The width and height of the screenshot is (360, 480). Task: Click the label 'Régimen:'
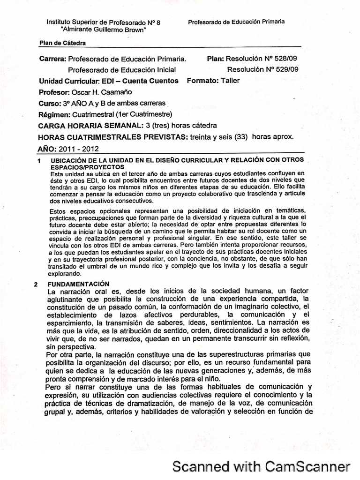coord(54,114)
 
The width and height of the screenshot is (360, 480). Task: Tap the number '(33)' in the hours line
coord(241,137)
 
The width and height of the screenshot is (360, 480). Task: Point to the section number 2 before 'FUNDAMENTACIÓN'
coord(37,284)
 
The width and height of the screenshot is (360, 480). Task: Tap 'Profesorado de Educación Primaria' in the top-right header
coord(236,22)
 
